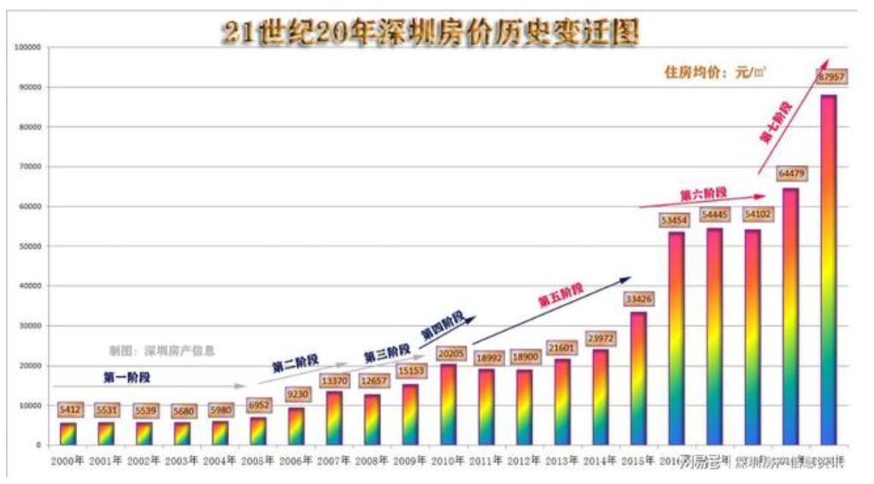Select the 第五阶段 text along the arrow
pyautogui.click(x=560, y=295)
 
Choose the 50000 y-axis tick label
pyautogui.click(x=30, y=246)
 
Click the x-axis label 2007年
pyautogui.click(x=334, y=462)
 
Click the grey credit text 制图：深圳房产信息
pyautogui.click(x=161, y=351)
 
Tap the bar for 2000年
pyautogui.click(x=68, y=434)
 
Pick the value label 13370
pyautogui.click(x=334, y=380)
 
